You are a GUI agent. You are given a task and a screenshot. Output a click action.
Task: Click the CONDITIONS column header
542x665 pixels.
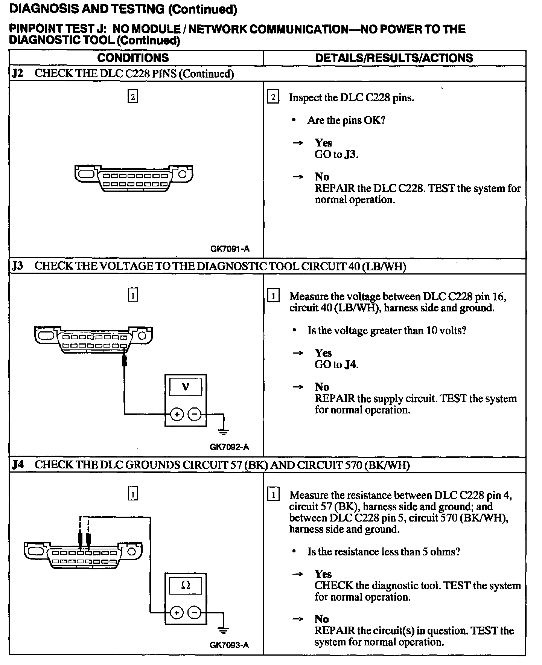pyautogui.click(x=133, y=58)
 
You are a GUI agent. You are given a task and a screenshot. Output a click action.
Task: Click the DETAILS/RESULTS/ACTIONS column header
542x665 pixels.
pyautogui.click(x=394, y=58)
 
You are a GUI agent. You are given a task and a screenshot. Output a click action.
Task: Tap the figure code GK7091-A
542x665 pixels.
pyautogui.click(x=230, y=249)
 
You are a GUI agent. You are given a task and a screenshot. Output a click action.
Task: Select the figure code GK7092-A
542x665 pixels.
pyautogui.click(x=229, y=447)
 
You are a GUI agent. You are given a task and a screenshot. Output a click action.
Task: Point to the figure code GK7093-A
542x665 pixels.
pyautogui.click(x=229, y=645)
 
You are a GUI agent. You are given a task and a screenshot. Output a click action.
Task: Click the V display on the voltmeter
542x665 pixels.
pyautogui.click(x=186, y=387)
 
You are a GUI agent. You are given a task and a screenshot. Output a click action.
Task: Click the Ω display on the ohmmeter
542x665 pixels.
pyautogui.click(x=186, y=585)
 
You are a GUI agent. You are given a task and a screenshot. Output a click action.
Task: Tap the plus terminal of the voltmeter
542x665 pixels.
pyautogui.click(x=177, y=415)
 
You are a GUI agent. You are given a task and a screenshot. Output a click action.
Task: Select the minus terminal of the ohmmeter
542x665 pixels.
pyautogui.click(x=194, y=613)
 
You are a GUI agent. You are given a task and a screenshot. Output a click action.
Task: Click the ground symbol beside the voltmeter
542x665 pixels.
pyautogui.click(x=224, y=431)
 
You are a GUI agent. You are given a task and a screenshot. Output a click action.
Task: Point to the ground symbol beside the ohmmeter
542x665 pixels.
pyautogui.click(x=224, y=629)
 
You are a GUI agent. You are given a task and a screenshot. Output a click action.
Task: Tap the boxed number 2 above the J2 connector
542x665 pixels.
pyautogui.click(x=132, y=97)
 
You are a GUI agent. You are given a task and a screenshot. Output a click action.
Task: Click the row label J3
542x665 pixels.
pyautogui.click(x=17, y=266)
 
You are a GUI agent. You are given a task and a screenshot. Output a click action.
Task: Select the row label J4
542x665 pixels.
pyautogui.click(x=17, y=465)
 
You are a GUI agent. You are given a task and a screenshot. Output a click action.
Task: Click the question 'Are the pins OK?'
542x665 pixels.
pyautogui.click(x=346, y=120)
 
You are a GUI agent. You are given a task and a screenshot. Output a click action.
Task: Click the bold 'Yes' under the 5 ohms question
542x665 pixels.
pyautogui.click(x=323, y=574)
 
